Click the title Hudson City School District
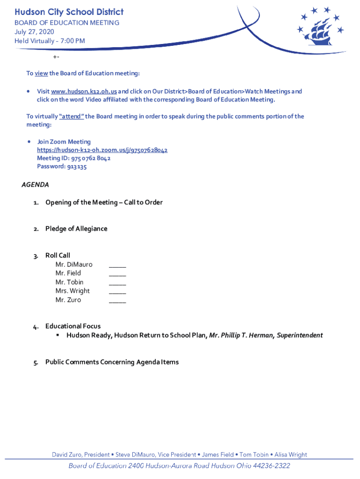(69, 12)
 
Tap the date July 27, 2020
(34, 32)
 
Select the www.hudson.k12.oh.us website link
(84, 92)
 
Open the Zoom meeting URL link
(102, 150)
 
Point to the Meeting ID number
(91, 159)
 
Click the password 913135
(76, 167)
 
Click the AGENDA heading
(36, 185)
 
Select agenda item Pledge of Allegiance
(76, 229)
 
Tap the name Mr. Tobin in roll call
(69, 282)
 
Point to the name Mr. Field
(68, 273)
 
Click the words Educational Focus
(73, 326)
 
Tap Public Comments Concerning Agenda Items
(112, 362)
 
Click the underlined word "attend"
(72, 116)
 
